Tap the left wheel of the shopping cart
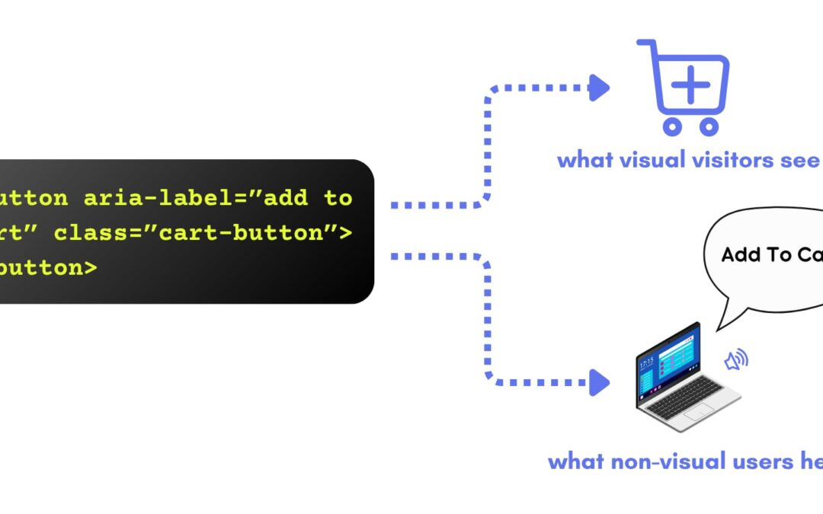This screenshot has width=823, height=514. [x=671, y=126]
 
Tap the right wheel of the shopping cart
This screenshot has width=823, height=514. [x=709, y=126]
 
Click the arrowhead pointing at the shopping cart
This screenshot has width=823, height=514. [x=600, y=88]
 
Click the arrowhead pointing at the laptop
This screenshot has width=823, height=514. [x=600, y=382]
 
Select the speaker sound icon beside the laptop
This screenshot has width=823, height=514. [x=736, y=360]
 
